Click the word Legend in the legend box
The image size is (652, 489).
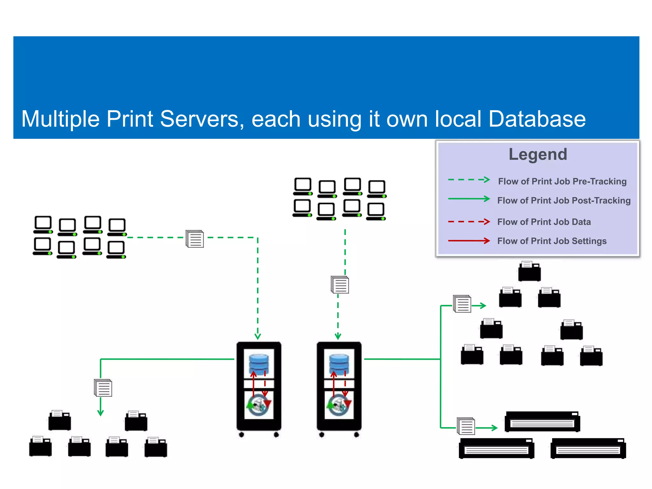click(538, 154)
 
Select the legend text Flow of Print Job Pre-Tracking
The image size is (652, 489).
click(562, 181)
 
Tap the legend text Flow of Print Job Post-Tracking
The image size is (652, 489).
click(563, 201)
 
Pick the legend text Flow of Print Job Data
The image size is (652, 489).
click(544, 222)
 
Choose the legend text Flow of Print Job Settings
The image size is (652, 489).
click(552, 241)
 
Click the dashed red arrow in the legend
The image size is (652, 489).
click(469, 222)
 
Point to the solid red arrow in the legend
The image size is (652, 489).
click(469, 241)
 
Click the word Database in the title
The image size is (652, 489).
click(537, 119)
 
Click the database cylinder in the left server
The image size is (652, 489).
click(259, 365)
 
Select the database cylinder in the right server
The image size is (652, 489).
click(339, 365)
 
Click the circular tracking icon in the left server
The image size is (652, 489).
click(259, 405)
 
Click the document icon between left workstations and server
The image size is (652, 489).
click(195, 239)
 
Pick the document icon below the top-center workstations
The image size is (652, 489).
click(340, 285)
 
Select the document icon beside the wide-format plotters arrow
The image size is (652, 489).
click(466, 426)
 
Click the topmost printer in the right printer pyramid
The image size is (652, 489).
click(529, 271)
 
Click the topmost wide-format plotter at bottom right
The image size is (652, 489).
click(542, 422)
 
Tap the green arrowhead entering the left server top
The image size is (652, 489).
click(258, 336)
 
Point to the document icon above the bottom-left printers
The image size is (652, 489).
click(103, 388)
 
